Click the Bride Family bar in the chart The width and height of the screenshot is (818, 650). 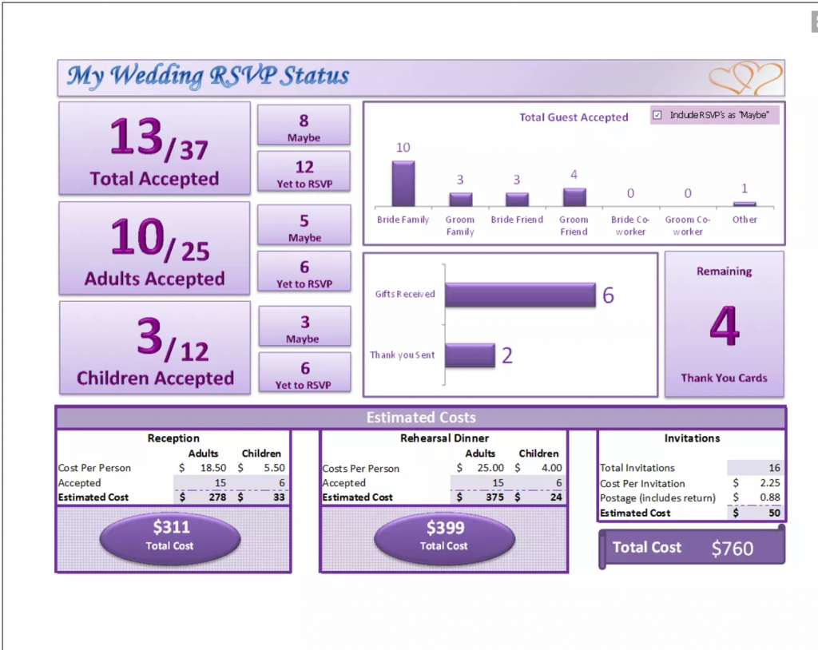[x=403, y=184]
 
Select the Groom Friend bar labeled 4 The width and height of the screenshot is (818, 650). [x=574, y=197]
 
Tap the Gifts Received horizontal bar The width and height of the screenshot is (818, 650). [x=519, y=295]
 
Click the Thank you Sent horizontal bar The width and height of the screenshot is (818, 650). [x=470, y=355]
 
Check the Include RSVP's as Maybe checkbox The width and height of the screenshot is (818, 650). [x=657, y=115]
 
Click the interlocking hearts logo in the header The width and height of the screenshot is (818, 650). [x=745, y=78]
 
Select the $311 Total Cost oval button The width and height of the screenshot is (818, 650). [x=169, y=536]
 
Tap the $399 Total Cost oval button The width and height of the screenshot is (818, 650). [x=444, y=536]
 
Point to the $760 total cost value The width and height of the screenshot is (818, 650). [x=732, y=549]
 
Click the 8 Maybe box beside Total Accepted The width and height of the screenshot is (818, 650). [x=304, y=125]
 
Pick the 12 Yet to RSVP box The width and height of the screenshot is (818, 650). [x=304, y=172]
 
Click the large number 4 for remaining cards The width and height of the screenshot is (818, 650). [x=724, y=327]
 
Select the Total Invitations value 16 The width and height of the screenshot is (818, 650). [x=773, y=468]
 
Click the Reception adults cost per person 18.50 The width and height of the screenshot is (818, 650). [x=213, y=468]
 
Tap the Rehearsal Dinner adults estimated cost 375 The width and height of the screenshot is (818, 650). [x=495, y=497]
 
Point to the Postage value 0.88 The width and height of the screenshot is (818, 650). [x=770, y=497]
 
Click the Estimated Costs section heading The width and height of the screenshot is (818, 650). [x=420, y=418]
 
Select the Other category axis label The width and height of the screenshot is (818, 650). [x=745, y=220]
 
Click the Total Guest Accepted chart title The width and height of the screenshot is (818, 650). [x=574, y=117]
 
